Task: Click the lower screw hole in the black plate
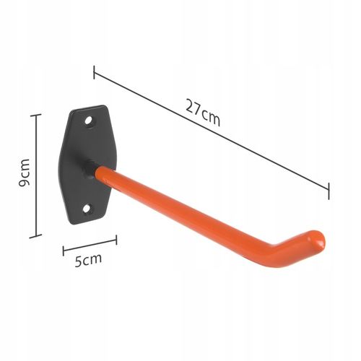pyautogui.click(x=88, y=209)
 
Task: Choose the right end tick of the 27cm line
pyautogui.click(x=329, y=191)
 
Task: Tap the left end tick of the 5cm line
pyautogui.click(x=64, y=251)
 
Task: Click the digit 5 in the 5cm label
pyautogui.click(x=77, y=261)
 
